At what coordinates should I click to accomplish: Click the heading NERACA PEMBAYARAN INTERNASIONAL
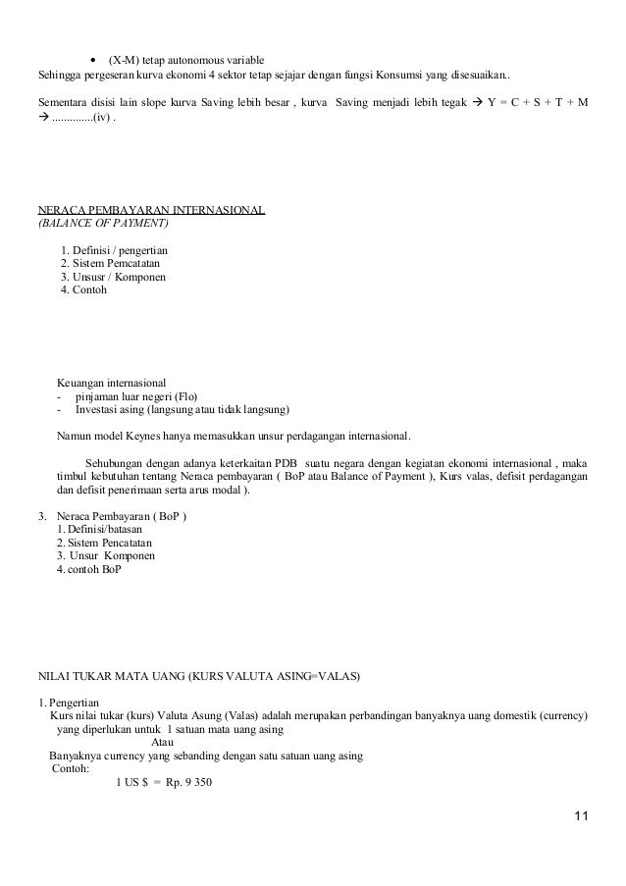point(150,210)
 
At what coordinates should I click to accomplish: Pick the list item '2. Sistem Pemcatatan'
point(111,264)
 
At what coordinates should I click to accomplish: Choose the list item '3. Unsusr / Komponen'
point(113,278)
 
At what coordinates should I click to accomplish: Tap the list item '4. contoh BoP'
point(91,570)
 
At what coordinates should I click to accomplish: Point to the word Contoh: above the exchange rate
point(69,769)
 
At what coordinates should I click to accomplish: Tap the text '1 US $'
point(131,783)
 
